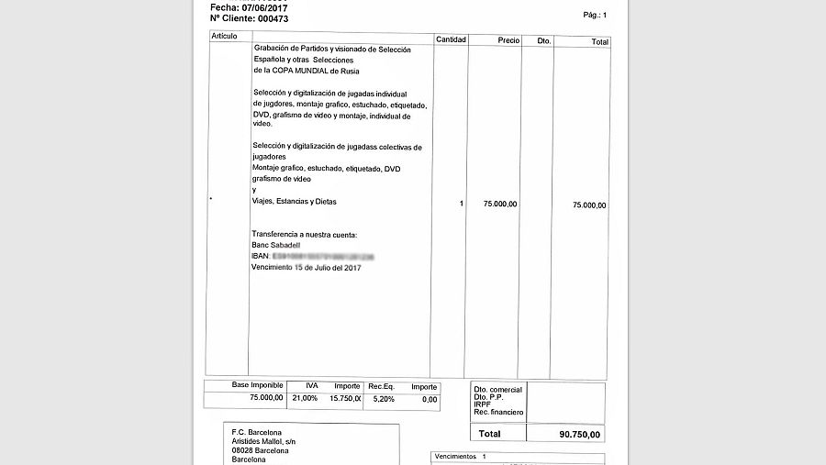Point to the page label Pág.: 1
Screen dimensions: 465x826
pyautogui.click(x=595, y=16)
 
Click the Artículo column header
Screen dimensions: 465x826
pyautogui.click(x=224, y=36)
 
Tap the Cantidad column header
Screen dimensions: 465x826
pyautogui.click(x=451, y=40)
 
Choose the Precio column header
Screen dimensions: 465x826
pyautogui.click(x=508, y=40)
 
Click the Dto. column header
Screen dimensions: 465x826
pyautogui.click(x=544, y=41)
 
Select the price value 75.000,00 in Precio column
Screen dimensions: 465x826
pyautogui.click(x=499, y=204)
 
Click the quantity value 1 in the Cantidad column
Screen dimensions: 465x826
pyautogui.click(x=462, y=204)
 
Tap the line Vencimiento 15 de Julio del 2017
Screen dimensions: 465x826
pyautogui.click(x=307, y=267)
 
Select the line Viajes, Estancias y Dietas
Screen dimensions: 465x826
pyautogui.click(x=295, y=202)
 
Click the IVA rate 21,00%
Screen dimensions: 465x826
pyautogui.click(x=305, y=399)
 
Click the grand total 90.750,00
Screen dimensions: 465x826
pyautogui.click(x=580, y=434)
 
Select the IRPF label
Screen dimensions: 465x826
pyautogui.click(x=482, y=404)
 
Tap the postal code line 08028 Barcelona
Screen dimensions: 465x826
pyautogui.click(x=260, y=451)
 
